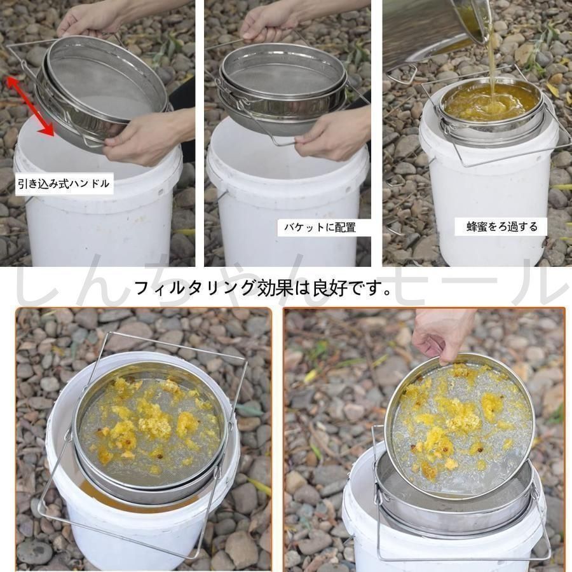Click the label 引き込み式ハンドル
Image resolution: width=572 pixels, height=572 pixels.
pyautogui.click(x=64, y=184)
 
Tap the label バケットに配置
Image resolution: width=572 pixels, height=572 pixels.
pyautogui.click(x=320, y=228)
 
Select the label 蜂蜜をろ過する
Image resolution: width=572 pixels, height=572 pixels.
pyautogui.click(x=502, y=226)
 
